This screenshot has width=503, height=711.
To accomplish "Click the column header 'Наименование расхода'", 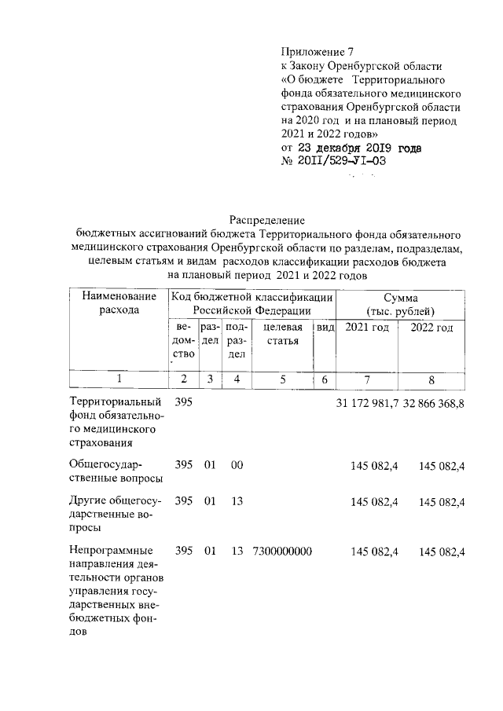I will [x=119, y=303].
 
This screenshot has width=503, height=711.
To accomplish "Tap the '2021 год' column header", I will [x=367, y=328].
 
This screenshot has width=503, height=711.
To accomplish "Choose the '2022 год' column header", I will [x=431, y=328].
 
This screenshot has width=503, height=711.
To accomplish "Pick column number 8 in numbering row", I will [x=431, y=379].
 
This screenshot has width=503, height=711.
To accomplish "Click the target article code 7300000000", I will [x=282, y=552].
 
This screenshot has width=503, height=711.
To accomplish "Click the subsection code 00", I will [x=236, y=466].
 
